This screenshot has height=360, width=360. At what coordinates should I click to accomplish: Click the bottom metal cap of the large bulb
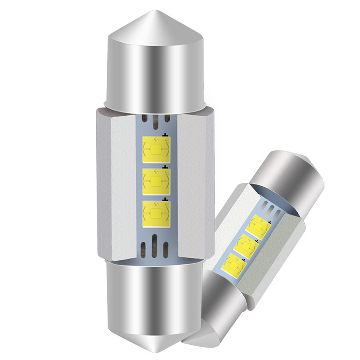pos(155,306)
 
